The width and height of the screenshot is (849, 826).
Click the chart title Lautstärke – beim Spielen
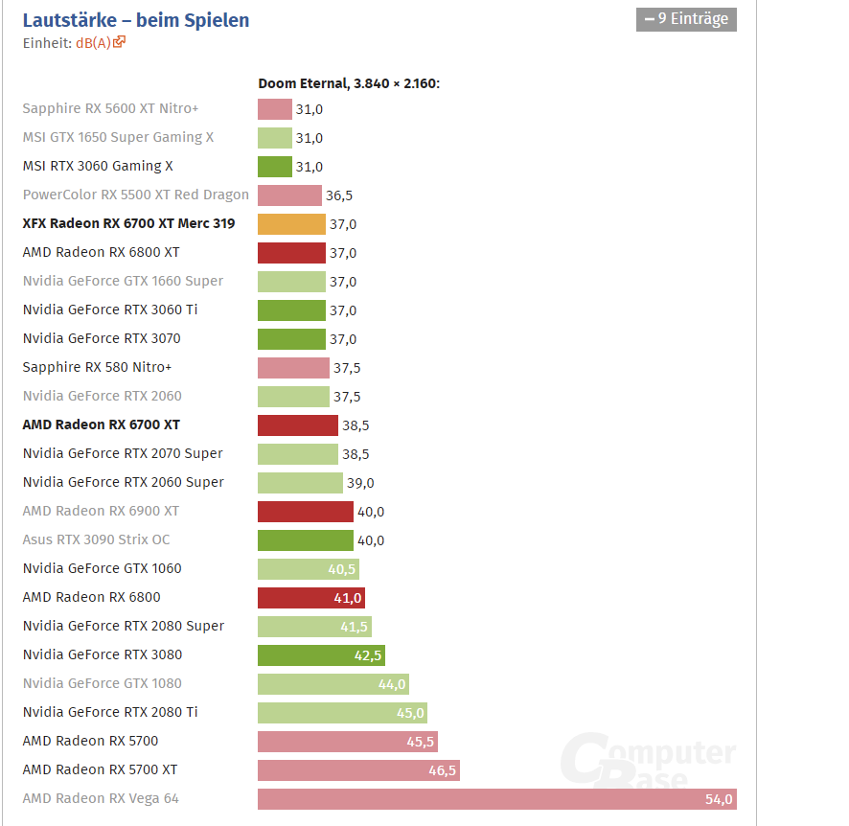click(x=135, y=20)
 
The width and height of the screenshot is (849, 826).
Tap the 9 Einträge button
click(x=686, y=18)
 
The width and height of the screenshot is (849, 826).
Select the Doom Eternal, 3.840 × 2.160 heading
click(x=349, y=83)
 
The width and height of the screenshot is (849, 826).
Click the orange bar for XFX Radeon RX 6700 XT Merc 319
click(x=291, y=224)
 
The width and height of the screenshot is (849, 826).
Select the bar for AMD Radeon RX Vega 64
click(x=496, y=799)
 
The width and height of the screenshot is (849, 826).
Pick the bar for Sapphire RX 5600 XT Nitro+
click(x=274, y=109)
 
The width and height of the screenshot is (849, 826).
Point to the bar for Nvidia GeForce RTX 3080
click(x=320, y=655)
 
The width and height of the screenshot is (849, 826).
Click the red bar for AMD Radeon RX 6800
click(x=310, y=598)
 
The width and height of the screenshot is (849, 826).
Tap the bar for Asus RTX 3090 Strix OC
click(x=305, y=540)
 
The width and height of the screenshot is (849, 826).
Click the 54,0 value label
click(x=719, y=799)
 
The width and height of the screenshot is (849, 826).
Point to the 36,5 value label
click(x=339, y=195)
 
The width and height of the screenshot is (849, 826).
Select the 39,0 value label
click(x=360, y=483)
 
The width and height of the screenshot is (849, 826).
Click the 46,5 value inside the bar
click(x=442, y=770)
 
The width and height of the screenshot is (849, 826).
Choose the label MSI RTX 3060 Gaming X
click(x=98, y=166)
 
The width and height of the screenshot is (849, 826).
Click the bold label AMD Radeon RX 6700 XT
click(x=101, y=424)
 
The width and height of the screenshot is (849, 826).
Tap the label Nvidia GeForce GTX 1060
click(x=102, y=568)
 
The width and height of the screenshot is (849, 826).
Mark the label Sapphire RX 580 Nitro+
click(x=97, y=367)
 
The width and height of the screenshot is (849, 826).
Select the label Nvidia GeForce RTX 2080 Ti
click(x=110, y=712)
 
